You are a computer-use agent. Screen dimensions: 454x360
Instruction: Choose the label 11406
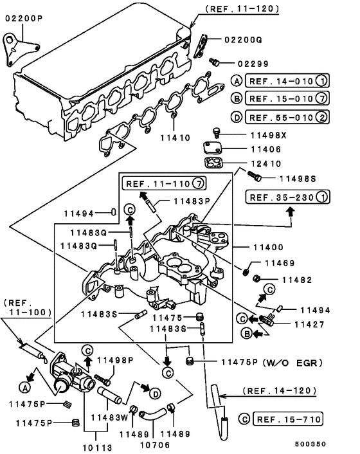tap(267, 148)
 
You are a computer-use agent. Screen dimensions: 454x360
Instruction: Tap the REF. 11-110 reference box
tap(157, 183)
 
